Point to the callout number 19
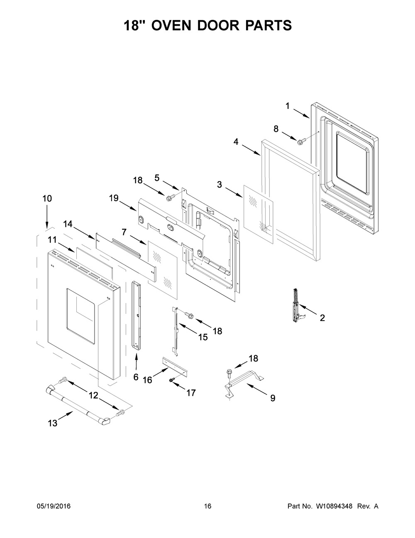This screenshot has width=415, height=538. (x=114, y=198)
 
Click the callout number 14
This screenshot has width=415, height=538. (x=68, y=224)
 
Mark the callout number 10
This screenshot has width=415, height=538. (x=47, y=198)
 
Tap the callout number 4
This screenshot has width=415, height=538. (x=236, y=142)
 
